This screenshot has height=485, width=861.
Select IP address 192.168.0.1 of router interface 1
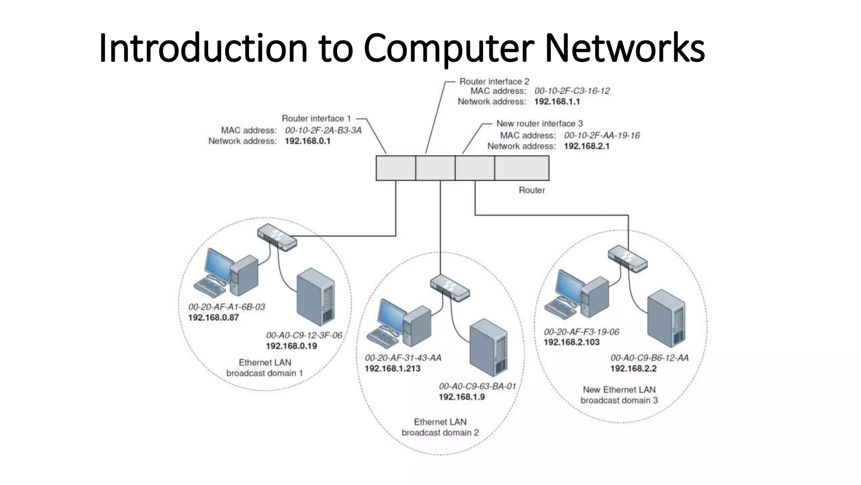click(x=307, y=141)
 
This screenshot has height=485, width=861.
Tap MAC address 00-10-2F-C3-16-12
click(x=572, y=91)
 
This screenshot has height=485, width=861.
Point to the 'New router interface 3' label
click(x=539, y=123)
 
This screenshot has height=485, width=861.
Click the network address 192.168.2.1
click(x=586, y=146)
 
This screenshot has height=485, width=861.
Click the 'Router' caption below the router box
click(x=531, y=190)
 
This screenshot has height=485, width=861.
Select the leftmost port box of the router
click(x=396, y=168)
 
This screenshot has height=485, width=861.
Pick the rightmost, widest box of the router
click(x=522, y=168)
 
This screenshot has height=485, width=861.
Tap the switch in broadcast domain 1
click(x=277, y=237)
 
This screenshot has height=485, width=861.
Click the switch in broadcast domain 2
click(x=450, y=288)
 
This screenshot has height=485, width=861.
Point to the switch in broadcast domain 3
click(x=628, y=258)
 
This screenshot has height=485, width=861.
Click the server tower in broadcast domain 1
click(x=315, y=297)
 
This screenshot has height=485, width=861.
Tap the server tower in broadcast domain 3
click(x=666, y=318)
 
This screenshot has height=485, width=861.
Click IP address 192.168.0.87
click(x=213, y=317)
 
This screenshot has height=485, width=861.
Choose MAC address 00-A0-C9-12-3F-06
click(x=304, y=335)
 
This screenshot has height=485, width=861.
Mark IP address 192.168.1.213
click(x=392, y=368)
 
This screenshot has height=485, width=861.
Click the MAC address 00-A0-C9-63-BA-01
click(x=477, y=386)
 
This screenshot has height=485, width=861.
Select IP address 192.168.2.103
click(x=571, y=342)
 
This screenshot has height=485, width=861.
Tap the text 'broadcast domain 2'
click(x=440, y=432)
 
